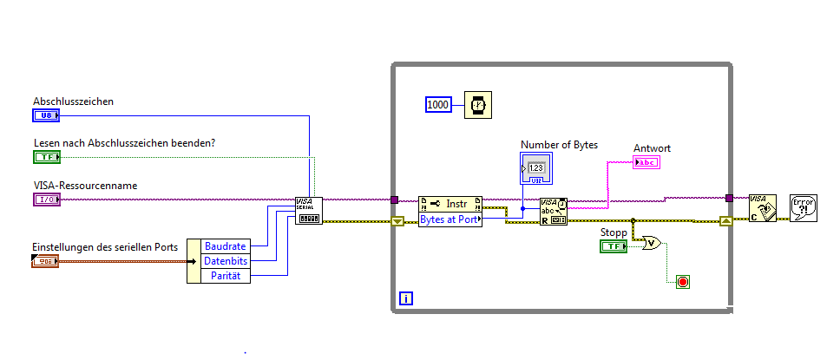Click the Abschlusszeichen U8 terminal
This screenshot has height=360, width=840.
(x=46, y=115)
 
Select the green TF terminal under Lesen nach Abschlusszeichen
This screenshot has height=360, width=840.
(x=46, y=157)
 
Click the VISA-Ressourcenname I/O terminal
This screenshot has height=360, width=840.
(x=46, y=200)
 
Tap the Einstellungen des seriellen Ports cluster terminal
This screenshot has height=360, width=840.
(x=46, y=260)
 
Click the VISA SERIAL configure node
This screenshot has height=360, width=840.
(x=309, y=210)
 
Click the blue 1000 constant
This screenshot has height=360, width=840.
(x=438, y=105)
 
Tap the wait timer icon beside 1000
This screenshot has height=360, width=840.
(x=477, y=105)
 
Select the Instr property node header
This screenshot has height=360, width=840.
(x=450, y=204)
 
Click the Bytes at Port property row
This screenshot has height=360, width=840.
(x=450, y=219)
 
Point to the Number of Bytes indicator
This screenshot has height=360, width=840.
(x=535, y=168)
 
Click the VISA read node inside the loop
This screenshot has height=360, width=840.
(x=553, y=212)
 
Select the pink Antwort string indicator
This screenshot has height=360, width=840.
(x=646, y=162)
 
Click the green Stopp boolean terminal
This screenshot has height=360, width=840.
(x=613, y=247)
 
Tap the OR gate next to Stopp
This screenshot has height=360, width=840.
(x=649, y=244)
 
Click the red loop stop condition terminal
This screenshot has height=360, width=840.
(x=683, y=282)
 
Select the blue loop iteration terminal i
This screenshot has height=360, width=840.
(x=405, y=299)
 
